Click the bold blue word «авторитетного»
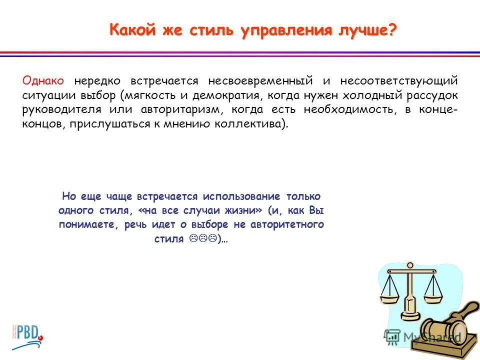[286, 224]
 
